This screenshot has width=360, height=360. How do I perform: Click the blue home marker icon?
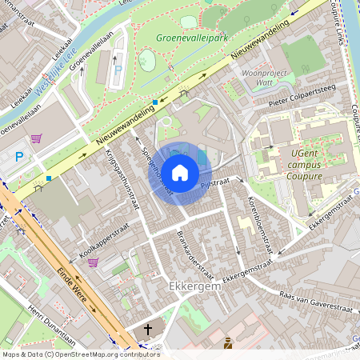tap(180, 172)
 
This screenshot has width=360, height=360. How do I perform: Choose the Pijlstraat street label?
tap(214, 184)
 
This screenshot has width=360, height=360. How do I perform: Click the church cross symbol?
tap(147, 330)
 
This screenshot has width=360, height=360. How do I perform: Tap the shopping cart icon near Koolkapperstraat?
tap(94, 262)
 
